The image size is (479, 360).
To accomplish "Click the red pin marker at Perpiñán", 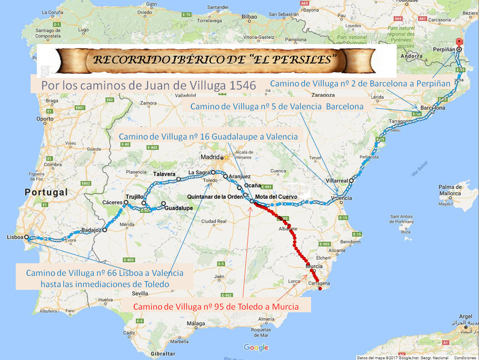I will pyautogui.click(x=459, y=42).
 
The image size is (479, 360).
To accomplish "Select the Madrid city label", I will pyautogui.click(x=209, y=157).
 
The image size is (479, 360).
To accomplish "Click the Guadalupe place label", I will pyautogui.click(x=178, y=208).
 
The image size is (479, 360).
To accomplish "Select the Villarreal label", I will pyautogui.click(x=336, y=180).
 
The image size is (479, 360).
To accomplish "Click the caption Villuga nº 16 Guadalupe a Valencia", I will pyautogui.click(x=208, y=136).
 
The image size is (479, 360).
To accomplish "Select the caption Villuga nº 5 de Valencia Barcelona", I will pyautogui.click(x=277, y=107).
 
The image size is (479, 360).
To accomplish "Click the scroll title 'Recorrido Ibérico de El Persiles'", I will pyautogui.click(x=215, y=59).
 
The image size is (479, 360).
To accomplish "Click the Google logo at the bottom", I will pyautogui.click(x=256, y=347).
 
